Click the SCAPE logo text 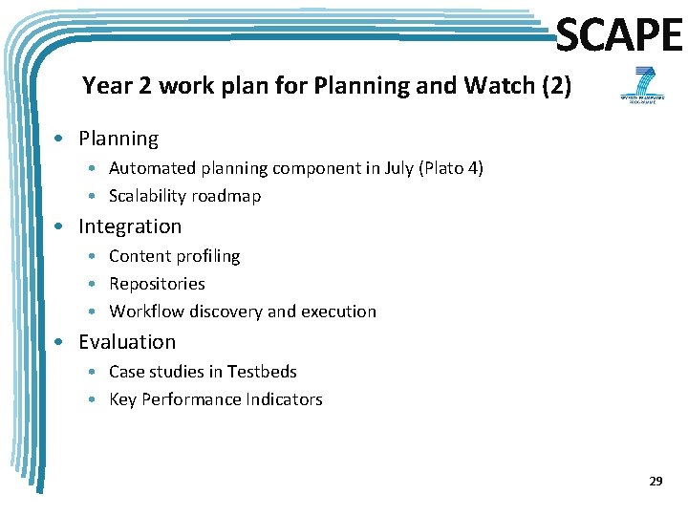click(619, 36)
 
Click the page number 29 click(656, 482)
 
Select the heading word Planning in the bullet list click(118, 139)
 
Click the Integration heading click(130, 226)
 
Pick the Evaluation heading click(127, 342)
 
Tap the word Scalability click(147, 196)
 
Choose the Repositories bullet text click(157, 284)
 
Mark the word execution click(338, 312)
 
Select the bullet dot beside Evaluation click(60, 342)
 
